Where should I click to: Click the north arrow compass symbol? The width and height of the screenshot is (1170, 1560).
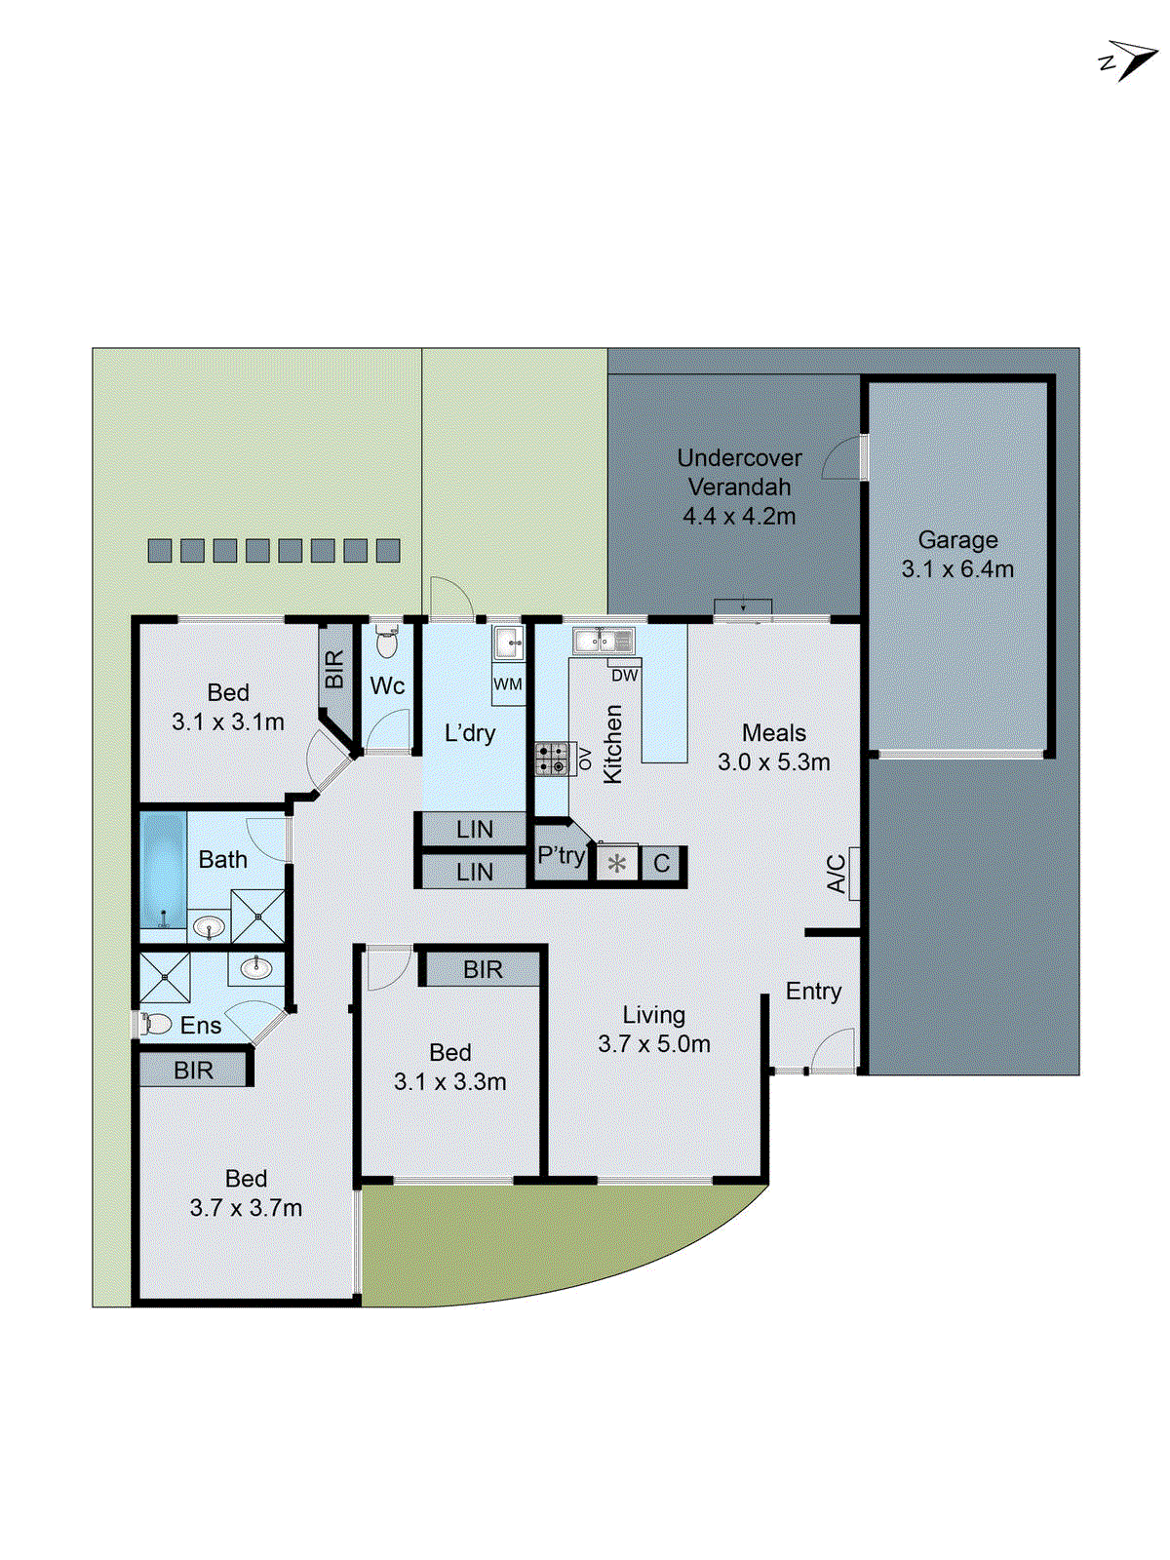[x=1131, y=59]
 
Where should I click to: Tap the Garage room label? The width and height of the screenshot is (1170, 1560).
[x=957, y=540]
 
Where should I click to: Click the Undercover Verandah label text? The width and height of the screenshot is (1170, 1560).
[x=739, y=472]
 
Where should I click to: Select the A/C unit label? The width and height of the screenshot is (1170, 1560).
[x=837, y=874]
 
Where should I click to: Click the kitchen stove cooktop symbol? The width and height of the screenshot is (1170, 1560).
[x=553, y=759]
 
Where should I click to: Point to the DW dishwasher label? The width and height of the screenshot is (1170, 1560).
[x=624, y=675]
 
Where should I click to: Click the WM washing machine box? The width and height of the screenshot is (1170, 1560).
[x=508, y=684]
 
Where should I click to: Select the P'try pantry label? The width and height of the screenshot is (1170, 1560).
[x=561, y=856]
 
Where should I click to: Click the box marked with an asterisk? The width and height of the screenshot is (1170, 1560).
[x=616, y=864]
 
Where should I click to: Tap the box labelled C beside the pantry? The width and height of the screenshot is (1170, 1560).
[x=662, y=864]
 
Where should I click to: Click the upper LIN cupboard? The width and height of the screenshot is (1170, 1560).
[x=474, y=830]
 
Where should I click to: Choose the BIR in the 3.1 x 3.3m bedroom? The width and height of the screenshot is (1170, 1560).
[x=483, y=970]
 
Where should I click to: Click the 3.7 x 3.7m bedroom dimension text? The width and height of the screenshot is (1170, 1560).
[x=246, y=1208]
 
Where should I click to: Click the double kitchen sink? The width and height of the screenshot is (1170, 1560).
[x=604, y=641]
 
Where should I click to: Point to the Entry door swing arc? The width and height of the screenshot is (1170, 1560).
[x=832, y=1048]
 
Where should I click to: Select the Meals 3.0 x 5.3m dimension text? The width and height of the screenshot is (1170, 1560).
[x=774, y=762]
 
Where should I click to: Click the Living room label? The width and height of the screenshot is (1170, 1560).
[x=653, y=1015]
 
